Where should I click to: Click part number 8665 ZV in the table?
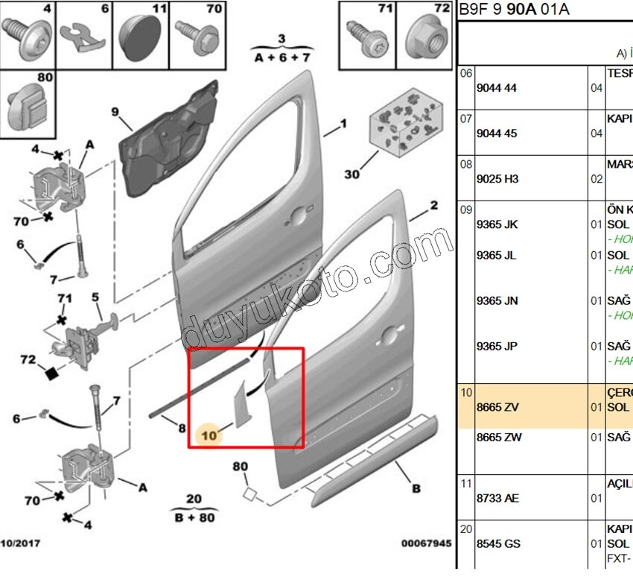[x=502, y=407]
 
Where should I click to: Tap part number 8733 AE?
[x=502, y=498]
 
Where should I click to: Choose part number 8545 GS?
[x=502, y=543]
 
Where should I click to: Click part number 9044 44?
[x=500, y=88]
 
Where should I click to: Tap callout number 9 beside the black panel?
[x=115, y=113]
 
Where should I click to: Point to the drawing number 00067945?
[x=426, y=543]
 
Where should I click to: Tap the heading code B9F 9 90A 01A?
[x=515, y=9]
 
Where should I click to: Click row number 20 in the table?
[x=465, y=529]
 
